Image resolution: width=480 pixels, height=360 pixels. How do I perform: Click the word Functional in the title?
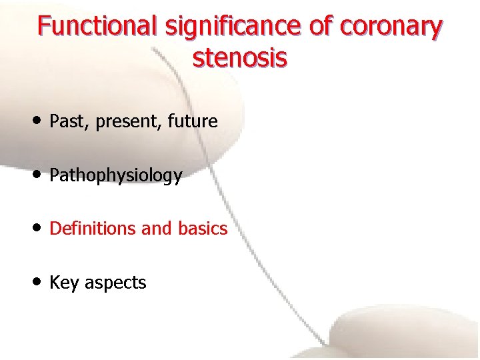(x=96, y=27)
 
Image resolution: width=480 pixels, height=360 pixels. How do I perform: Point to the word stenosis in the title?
(x=240, y=58)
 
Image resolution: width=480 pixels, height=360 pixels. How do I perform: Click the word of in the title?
(x=323, y=27)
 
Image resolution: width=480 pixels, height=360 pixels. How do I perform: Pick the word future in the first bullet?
(x=193, y=121)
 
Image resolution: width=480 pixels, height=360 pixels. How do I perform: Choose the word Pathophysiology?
(x=115, y=176)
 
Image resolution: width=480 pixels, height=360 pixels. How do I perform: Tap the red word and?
(x=157, y=229)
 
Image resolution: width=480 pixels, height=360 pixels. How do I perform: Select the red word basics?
(x=203, y=229)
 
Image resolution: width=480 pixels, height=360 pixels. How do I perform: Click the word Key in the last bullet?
(x=63, y=283)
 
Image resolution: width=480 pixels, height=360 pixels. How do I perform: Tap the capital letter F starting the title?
(x=44, y=27)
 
